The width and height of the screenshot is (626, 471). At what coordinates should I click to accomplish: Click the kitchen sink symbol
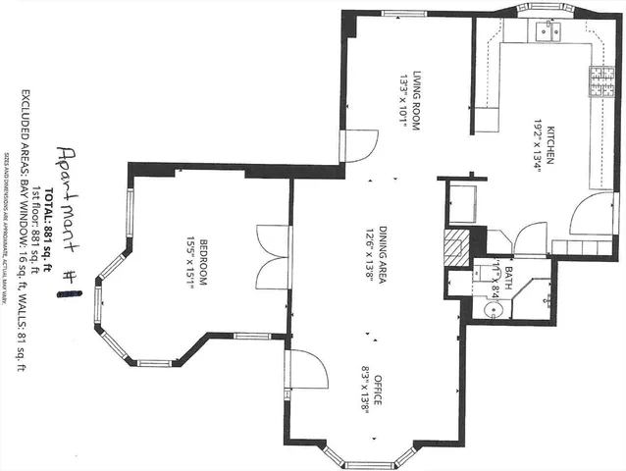coord(547,33)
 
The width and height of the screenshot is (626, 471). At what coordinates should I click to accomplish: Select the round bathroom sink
coord(493,310)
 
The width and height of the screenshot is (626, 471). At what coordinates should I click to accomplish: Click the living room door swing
coord(355,147)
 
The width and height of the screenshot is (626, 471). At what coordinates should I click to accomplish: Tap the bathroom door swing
coord(529,238)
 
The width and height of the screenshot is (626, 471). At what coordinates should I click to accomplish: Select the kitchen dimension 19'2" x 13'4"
coord(539,147)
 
